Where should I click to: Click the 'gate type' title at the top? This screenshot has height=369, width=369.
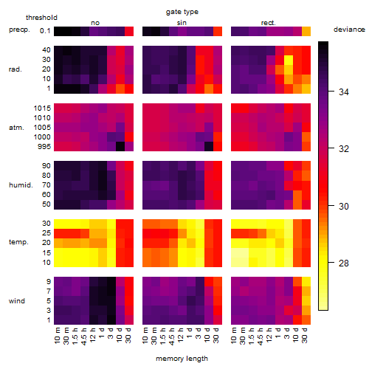point(182,12)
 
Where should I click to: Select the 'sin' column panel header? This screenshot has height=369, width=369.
point(182,23)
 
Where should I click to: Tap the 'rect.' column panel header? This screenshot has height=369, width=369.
point(269,23)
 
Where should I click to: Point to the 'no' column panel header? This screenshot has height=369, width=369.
point(95,23)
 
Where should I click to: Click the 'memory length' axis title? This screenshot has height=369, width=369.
point(182,359)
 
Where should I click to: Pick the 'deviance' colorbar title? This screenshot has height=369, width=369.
point(349,30)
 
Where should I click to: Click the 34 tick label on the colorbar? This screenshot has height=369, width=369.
point(344,92)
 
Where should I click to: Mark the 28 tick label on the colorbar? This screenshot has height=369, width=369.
point(344,263)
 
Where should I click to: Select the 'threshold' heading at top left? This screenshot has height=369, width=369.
point(41,18)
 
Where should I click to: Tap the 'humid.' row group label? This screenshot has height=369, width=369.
point(21,184)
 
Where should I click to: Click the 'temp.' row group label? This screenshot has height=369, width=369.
point(18,242)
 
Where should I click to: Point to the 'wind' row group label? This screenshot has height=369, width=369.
point(17,300)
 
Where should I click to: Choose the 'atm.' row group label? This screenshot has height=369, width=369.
point(16,128)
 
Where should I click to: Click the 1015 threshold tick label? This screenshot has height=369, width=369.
point(42,108)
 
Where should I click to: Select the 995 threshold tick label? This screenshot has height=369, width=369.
point(44,147)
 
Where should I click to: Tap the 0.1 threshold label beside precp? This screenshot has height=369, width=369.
point(45,31)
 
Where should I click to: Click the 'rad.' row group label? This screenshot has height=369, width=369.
point(15,69)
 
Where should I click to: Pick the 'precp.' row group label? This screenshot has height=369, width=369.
point(19,30)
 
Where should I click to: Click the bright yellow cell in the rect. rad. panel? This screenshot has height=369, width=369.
point(289,60)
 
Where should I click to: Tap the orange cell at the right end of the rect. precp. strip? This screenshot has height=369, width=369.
point(306,31)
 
